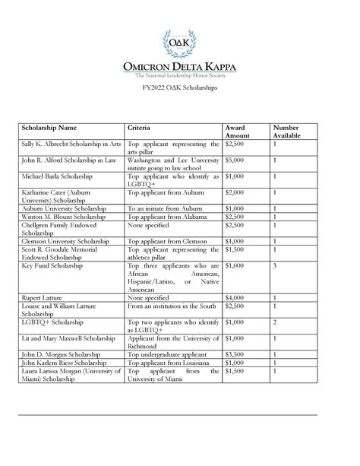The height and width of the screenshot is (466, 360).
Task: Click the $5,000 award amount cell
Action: (236, 160)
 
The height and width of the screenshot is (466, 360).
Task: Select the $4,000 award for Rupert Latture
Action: (236, 297)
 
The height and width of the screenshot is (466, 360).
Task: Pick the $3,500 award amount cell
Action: (236, 353)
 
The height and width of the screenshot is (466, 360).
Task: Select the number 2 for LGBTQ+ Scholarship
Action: (275, 322)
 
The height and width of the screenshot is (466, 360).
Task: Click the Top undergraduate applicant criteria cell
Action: (167, 353)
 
